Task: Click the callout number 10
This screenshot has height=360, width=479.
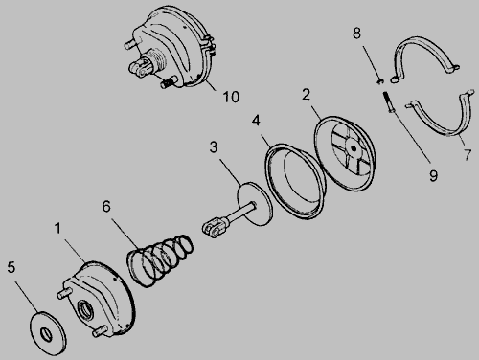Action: pos(231,97)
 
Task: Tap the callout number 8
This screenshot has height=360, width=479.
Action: pos(356,34)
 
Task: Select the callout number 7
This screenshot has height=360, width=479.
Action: pos(468,155)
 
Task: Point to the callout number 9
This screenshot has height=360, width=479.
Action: pos(433,175)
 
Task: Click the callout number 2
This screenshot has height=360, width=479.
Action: pos(306,95)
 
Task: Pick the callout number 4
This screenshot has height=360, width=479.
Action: pos(256,121)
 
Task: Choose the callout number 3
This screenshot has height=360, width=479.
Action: pos(214,147)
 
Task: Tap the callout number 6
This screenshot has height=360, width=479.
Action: pos(106,206)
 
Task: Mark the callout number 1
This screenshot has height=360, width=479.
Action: pos(57,228)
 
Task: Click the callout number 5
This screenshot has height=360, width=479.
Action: pos(11,267)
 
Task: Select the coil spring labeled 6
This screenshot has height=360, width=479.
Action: pos(160,259)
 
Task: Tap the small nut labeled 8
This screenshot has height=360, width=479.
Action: pos(379,81)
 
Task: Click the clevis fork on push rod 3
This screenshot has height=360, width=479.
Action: pos(214,226)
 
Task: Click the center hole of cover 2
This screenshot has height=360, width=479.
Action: pos(354,148)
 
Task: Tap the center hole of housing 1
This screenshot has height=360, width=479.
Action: pos(86,308)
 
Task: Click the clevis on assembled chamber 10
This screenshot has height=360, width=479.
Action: pos(141,68)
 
